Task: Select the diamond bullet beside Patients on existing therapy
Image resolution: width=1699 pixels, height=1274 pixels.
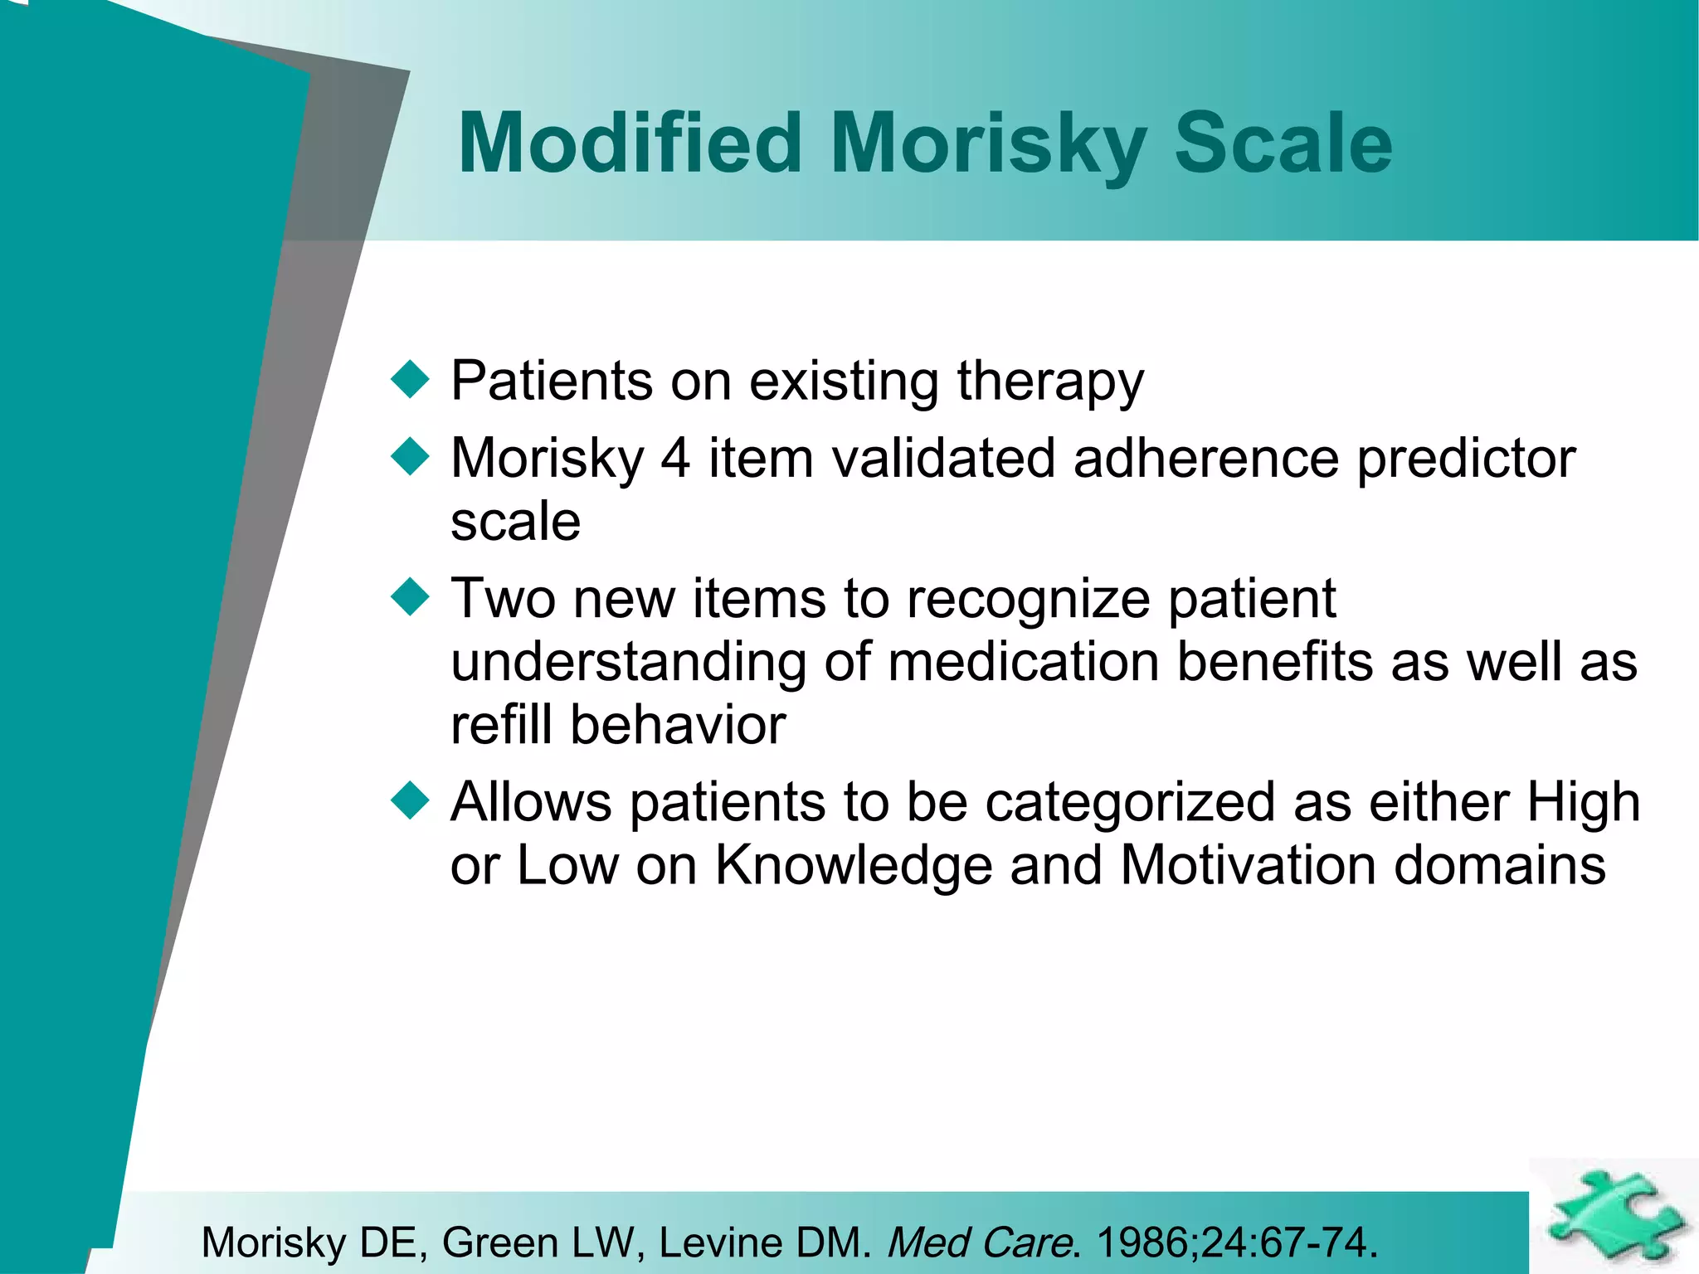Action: click(410, 380)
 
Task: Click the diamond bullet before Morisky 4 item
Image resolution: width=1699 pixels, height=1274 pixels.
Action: click(410, 457)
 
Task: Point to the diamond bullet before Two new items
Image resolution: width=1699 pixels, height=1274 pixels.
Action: click(410, 597)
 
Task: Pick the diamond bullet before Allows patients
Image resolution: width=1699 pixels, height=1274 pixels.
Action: click(410, 801)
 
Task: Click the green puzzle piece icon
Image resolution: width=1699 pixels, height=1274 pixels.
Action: click(1614, 1216)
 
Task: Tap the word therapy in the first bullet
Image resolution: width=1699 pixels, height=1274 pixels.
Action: click(1049, 383)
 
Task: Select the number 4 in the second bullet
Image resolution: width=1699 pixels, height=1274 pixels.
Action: click(675, 458)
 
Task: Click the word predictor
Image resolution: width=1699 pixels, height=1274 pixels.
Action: click(1465, 460)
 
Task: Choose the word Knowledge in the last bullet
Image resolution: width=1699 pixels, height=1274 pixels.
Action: click(853, 866)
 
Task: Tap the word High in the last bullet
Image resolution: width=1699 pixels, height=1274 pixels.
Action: click(1583, 803)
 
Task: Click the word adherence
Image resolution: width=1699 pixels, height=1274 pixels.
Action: click(1205, 458)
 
